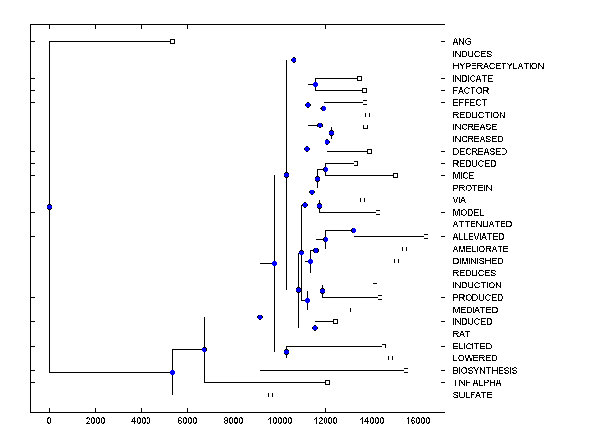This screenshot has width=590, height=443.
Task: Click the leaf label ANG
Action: coord(462,42)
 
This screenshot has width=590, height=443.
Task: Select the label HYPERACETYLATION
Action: coord(498,66)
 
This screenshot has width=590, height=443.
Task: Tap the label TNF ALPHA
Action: coord(476,383)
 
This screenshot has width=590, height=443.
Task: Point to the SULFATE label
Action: coord(472,395)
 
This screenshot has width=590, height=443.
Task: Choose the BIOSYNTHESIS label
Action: coord(485,371)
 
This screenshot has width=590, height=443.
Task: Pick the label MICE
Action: coord(463,176)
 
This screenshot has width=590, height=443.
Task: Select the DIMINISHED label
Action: coord(477,261)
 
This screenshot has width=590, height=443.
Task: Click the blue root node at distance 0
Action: coord(49,207)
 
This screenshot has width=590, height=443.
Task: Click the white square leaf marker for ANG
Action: coord(172,42)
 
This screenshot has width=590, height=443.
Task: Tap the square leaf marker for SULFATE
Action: coord(270,395)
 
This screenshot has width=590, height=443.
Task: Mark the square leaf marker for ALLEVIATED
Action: coord(426,237)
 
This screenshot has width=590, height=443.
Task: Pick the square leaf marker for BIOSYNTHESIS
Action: coord(406,370)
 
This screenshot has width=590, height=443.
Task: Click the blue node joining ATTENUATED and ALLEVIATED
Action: coord(354,230)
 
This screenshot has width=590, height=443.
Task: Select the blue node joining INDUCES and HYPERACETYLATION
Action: coord(294,60)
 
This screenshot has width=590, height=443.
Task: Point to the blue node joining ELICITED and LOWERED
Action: coord(286,352)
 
